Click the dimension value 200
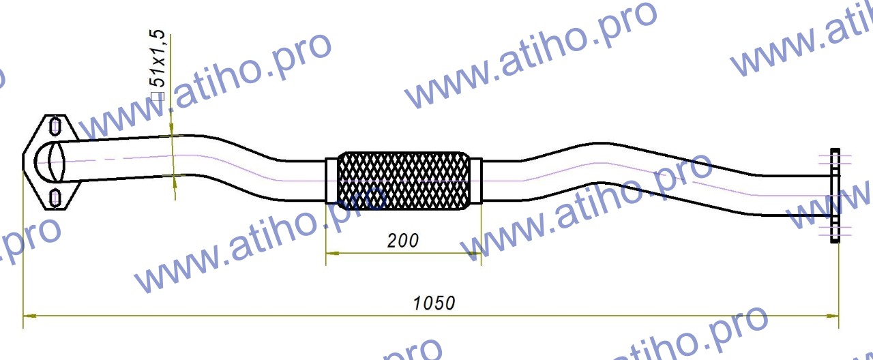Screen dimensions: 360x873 click(x=402, y=240)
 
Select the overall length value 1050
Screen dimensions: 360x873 click(x=434, y=303)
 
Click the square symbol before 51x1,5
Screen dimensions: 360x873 click(x=158, y=96)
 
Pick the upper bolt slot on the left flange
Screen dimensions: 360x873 click(x=55, y=126)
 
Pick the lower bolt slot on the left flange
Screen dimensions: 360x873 click(x=55, y=198)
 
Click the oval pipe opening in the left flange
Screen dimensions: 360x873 click(x=50, y=162)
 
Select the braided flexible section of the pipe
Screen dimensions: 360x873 click(x=404, y=180)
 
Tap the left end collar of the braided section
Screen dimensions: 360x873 click(x=331, y=180)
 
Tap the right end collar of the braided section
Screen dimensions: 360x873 click(x=476, y=180)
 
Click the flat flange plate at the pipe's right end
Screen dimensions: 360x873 click(x=834, y=195)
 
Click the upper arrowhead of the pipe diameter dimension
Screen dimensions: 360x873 click(x=172, y=130)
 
